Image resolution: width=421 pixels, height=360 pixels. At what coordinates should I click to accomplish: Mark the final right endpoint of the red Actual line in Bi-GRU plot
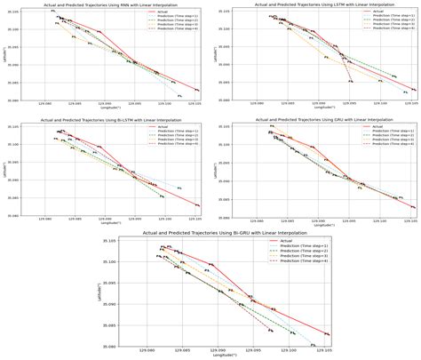point(330,334)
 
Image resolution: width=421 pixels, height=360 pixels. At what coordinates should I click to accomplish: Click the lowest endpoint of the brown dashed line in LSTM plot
point(352,82)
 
